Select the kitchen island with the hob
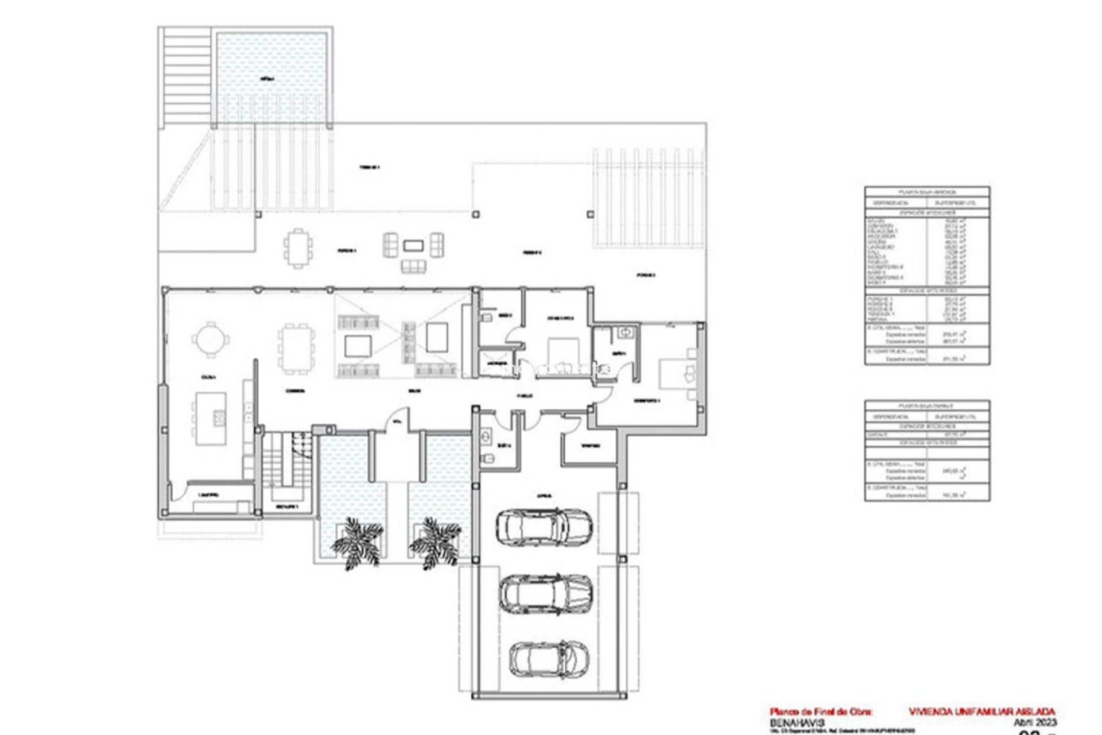click(x=210, y=418)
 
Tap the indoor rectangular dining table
click(x=297, y=349)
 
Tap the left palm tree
click(x=356, y=541)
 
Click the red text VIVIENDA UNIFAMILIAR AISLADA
click(x=981, y=712)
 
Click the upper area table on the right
click(x=927, y=275)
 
